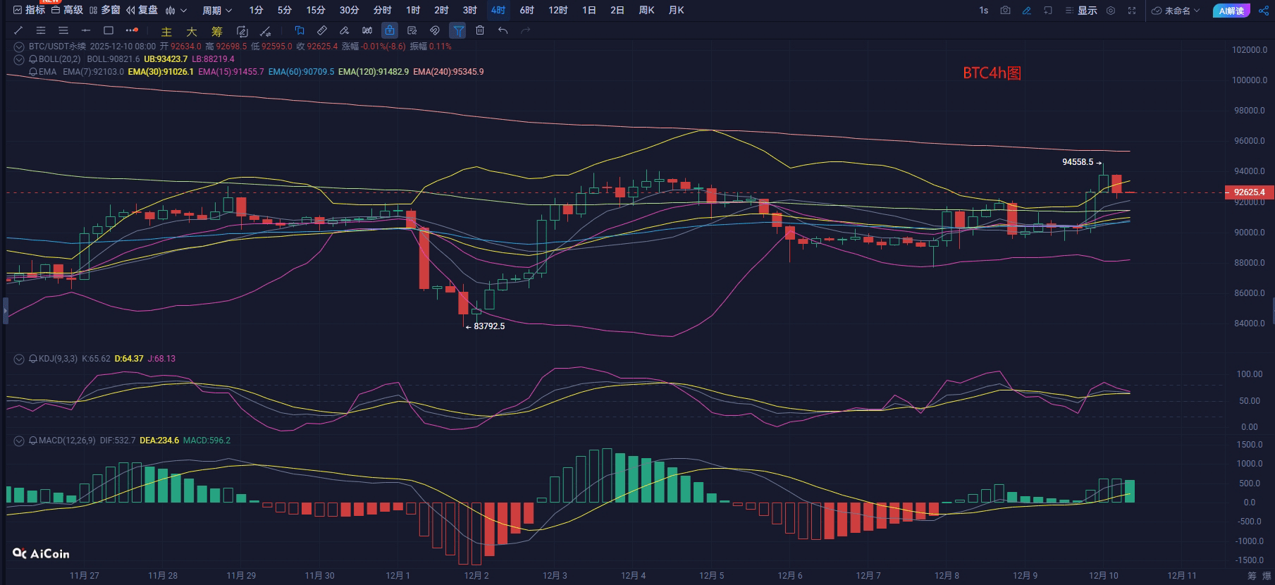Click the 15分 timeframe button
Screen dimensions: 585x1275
pos(316,11)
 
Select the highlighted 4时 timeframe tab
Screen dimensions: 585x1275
pos(498,11)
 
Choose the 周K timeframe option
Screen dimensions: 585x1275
pos(646,11)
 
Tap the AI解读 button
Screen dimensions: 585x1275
pos(1231,11)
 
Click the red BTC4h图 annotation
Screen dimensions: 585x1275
pos(992,73)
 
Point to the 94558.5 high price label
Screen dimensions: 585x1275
pos(1078,162)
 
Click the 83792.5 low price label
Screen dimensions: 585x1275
pos(489,326)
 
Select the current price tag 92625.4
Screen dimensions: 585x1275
pos(1250,192)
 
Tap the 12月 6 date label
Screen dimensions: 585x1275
pos(789,576)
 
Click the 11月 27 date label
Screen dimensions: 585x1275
pos(85,576)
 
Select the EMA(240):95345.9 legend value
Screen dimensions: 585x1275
pos(448,72)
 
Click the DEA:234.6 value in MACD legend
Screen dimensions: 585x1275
pos(159,441)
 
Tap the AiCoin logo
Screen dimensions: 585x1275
pos(41,554)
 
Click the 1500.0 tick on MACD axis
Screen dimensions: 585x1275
pos(1250,445)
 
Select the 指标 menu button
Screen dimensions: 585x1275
pos(30,11)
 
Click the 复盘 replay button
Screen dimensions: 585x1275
pos(142,11)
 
